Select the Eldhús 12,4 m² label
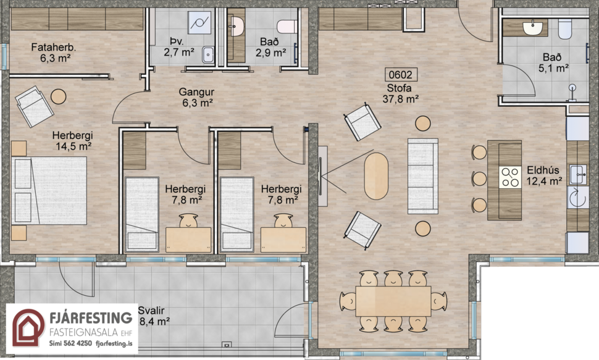click(x=543, y=175)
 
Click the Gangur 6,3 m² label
click(x=196, y=98)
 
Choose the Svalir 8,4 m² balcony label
click(x=154, y=316)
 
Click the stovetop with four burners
click(x=511, y=177)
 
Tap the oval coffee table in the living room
click(x=376, y=176)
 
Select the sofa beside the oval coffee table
click(x=422, y=176)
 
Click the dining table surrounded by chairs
click(x=393, y=301)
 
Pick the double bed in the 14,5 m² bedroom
click(x=49, y=190)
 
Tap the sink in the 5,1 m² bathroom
click(x=532, y=27)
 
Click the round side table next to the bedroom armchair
click(x=59, y=96)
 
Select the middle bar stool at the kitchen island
click(x=479, y=179)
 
